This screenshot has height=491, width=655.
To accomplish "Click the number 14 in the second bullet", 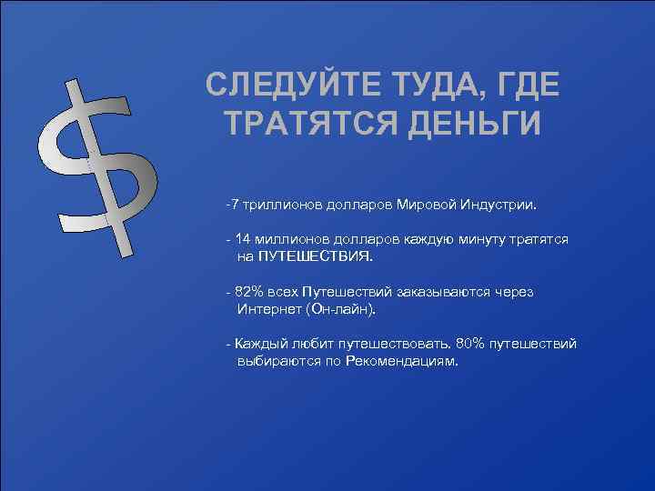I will pyautogui.click(x=242, y=239).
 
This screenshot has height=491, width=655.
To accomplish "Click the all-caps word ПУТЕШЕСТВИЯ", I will pyautogui.click(x=315, y=256).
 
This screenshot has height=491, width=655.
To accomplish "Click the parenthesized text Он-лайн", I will pyautogui.click(x=345, y=309).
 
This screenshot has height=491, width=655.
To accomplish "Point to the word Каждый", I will pyautogui.click(x=258, y=344).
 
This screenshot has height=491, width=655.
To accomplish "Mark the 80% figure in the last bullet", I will pyautogui.click(x=471, y=344).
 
